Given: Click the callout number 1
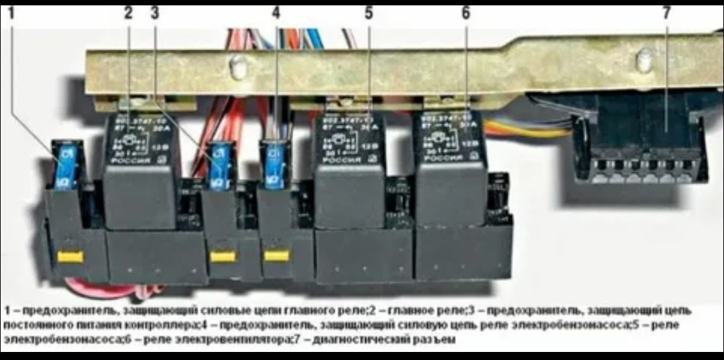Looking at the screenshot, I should click(x=11, y=13).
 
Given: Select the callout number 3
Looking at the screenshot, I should click(x=155, y=13).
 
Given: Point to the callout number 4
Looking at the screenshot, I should click(x=276, y=13).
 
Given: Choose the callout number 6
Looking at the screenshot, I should click(x=466, y=13).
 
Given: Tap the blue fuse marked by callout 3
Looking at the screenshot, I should click(x=219, y=166).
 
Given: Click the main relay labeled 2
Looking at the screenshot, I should click(x=140, y=168).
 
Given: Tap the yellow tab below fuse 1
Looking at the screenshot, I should click(x=70, y=256).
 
